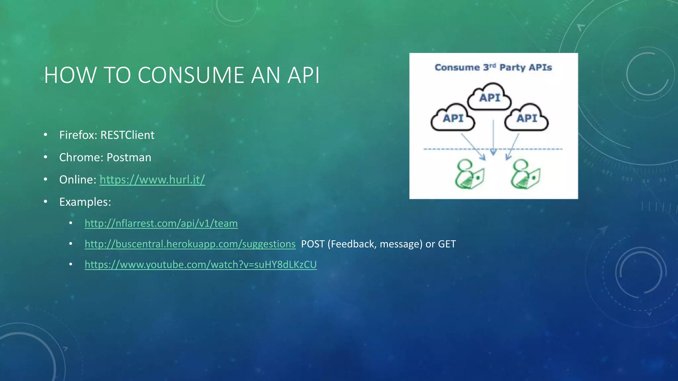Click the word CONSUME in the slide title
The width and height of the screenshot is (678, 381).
point(191,75)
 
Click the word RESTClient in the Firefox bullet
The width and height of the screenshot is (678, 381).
point(127,135)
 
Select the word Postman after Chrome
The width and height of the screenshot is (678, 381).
point(129,157)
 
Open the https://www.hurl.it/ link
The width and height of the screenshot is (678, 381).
point(152,180)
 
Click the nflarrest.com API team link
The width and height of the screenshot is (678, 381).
point(161,223)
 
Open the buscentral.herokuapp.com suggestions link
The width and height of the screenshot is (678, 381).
point(190,244)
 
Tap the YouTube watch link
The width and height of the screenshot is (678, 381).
point(201,265)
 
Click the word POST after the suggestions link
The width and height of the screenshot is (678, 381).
point(313,244)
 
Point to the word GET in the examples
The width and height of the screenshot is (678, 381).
point(447,244)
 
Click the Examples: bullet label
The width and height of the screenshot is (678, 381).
point(85,202)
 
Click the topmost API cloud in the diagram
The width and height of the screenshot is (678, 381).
point(489,97)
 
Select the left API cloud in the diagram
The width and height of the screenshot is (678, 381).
point(453,118)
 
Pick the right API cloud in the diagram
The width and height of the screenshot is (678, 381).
point(526,118)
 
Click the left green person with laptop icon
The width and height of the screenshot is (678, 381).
point(469,174)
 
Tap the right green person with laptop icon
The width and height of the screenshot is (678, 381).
point(525,174)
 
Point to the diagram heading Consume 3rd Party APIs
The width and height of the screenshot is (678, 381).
point(493,67)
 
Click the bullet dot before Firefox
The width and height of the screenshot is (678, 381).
point(46,135)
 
